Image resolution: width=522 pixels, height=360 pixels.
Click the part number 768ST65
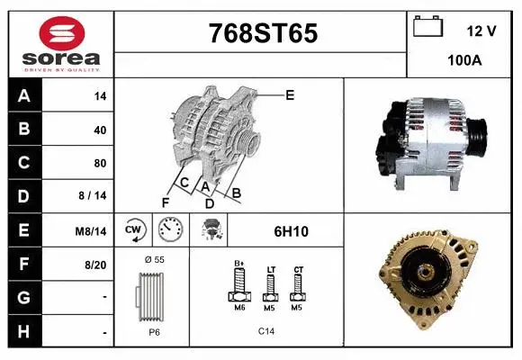coord(262,33)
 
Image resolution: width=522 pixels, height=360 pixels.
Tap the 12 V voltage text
coord(481,31)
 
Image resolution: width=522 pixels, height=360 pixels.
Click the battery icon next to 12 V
coord(427,28)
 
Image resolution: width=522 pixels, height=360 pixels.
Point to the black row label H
coord(24,332)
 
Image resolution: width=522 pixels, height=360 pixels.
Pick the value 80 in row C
coord(100,164)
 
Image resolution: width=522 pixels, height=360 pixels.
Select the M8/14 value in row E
coord(91,231)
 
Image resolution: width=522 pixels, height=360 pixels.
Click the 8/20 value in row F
coord(95,265)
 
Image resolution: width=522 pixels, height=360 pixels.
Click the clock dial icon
coord(169,230)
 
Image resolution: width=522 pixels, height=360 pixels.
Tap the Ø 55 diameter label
coord(154,260)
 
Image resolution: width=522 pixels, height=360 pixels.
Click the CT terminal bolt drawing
coord(298,285)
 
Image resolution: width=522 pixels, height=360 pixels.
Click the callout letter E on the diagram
coord(290,94)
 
